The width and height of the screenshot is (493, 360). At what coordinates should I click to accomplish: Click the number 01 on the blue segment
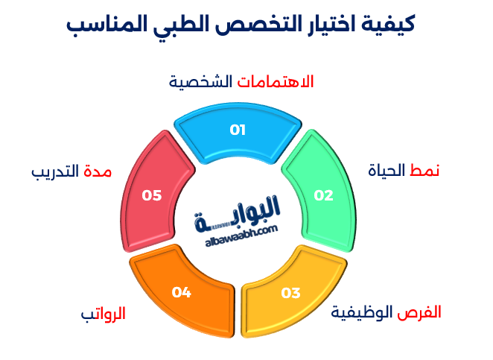(238, 130)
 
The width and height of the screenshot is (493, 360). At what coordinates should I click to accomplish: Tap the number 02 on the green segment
(323, 196)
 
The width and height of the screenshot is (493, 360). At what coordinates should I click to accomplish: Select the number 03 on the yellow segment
(290, 293)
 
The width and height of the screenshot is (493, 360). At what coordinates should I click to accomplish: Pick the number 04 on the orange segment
(181, 292)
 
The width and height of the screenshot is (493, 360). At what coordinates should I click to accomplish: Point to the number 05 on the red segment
(152, 195)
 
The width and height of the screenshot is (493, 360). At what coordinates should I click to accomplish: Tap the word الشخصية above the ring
(200, 80)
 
